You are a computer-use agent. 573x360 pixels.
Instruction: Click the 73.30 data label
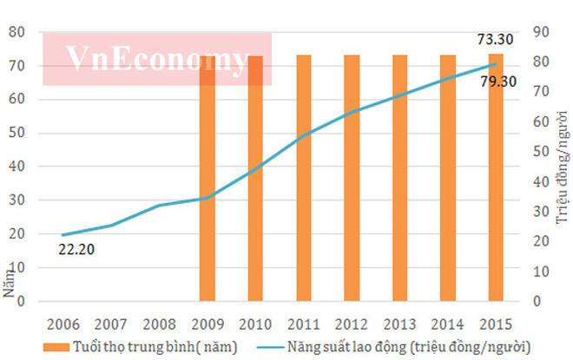496,39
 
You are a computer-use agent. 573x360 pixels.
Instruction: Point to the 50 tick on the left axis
16,134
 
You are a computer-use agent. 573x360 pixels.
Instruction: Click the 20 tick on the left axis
16,234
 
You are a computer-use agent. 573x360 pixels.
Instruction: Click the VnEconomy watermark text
157,60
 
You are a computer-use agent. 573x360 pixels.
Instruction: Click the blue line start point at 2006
63,235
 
